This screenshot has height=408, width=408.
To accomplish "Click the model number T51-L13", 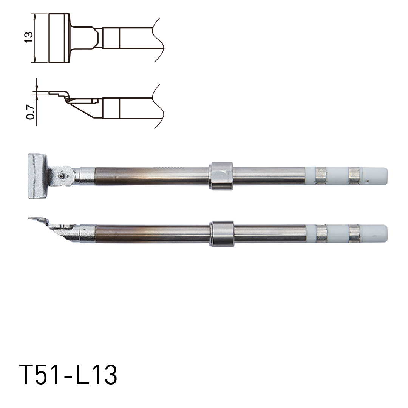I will click(68, 375).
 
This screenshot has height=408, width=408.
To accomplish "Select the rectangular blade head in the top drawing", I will click(59, 38).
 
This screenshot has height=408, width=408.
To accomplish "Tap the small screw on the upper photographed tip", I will click(61, 176).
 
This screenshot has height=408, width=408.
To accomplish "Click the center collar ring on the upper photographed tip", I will click(221, 176).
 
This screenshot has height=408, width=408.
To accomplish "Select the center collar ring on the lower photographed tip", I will click(222, 234).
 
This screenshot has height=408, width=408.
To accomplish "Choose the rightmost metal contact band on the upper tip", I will click(354, 176).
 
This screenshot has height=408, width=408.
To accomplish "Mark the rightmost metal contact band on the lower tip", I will click(354, 233).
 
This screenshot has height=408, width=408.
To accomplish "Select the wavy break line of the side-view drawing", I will click(157, 107).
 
